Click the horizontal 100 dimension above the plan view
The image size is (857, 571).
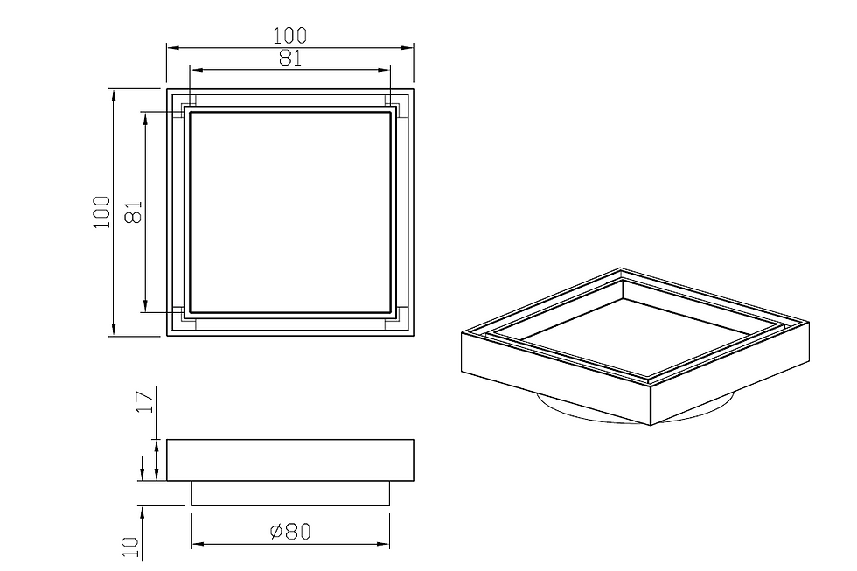point(289,36)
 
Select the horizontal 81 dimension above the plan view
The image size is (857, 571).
point(290,59)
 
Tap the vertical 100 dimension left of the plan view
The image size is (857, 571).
point(102,212)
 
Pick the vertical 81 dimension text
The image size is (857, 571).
point(134,212)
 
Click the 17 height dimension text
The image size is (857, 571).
point(145,402)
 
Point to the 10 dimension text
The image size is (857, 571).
point(130,547)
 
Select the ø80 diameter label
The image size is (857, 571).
point(290,531)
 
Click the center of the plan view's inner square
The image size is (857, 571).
point(290,212)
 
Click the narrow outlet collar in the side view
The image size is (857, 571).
point(290,493)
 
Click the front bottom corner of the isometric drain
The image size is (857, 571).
point(651,425)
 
